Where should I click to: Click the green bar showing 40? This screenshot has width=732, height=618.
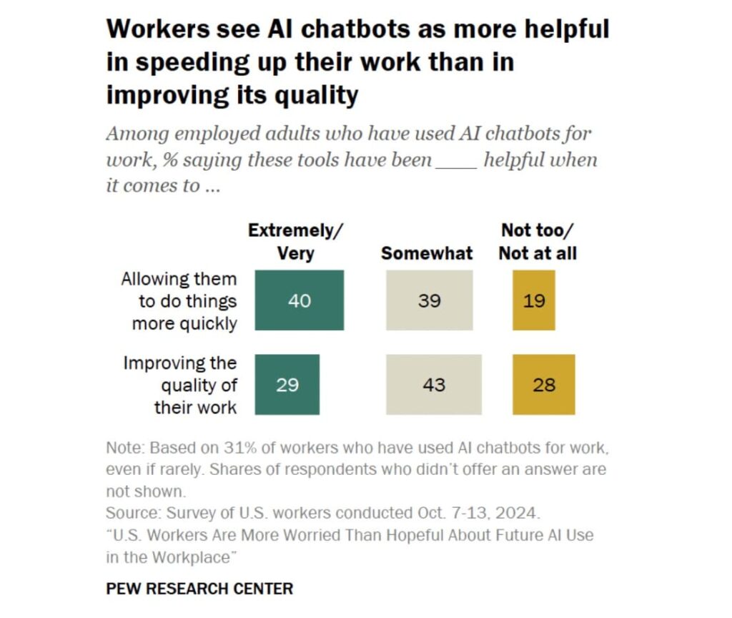pos(299,300)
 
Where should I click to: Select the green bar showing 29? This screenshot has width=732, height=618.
pos(287,384)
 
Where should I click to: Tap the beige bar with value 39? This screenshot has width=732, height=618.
pos(429,300)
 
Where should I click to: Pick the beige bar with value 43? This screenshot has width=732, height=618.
pos(434,384)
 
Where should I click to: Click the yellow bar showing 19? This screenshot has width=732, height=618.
pos(533,300)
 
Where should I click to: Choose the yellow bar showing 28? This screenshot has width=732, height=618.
pos(543,384)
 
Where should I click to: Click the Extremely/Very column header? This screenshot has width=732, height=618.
pos(295,242)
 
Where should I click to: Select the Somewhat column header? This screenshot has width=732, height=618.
pos(427,253)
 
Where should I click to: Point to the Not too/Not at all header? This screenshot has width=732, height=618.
pos(538,242)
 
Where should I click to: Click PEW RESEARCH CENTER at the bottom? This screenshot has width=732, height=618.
pos(199,589)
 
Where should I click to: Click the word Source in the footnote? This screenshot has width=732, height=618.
pos(133,513)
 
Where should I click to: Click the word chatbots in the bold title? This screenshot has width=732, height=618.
pos(339,29)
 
